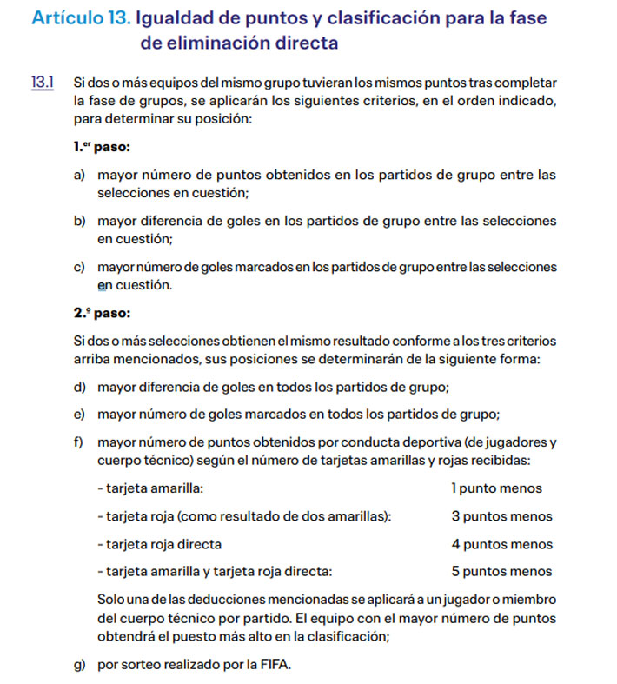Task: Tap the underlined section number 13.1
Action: tap(43, 83)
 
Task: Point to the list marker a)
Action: tap(80, 175)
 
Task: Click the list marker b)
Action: tap(80, 221)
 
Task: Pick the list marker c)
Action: tap(80, 267)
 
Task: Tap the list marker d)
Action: tap(80, 386)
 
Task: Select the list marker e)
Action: tap(80, 414)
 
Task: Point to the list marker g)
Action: tap(80, 667)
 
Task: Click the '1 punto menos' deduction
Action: tap(496, 488)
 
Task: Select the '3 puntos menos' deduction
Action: tap(501, 516)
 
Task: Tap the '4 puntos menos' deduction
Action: tap(501, 544)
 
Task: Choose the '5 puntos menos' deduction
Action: tap(501, 572)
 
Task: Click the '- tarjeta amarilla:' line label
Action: tap(152, 488)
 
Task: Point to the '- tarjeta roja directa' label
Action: tap(160, 544)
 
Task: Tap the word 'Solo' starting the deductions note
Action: tap(112, 601)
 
